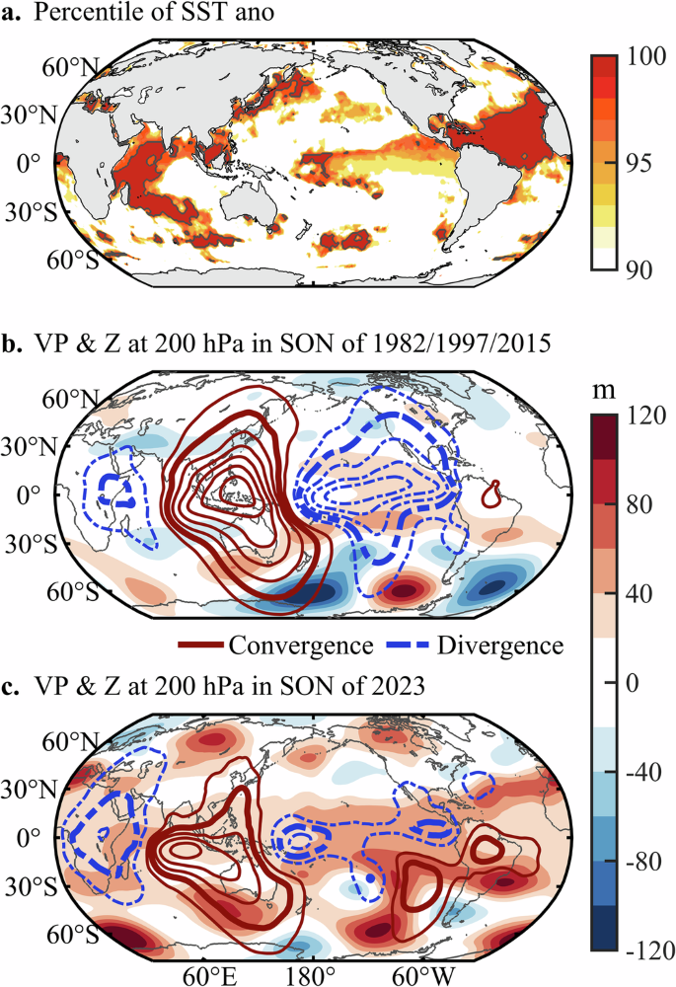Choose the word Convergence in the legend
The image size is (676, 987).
pyautogui.click(x=299, y=645)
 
